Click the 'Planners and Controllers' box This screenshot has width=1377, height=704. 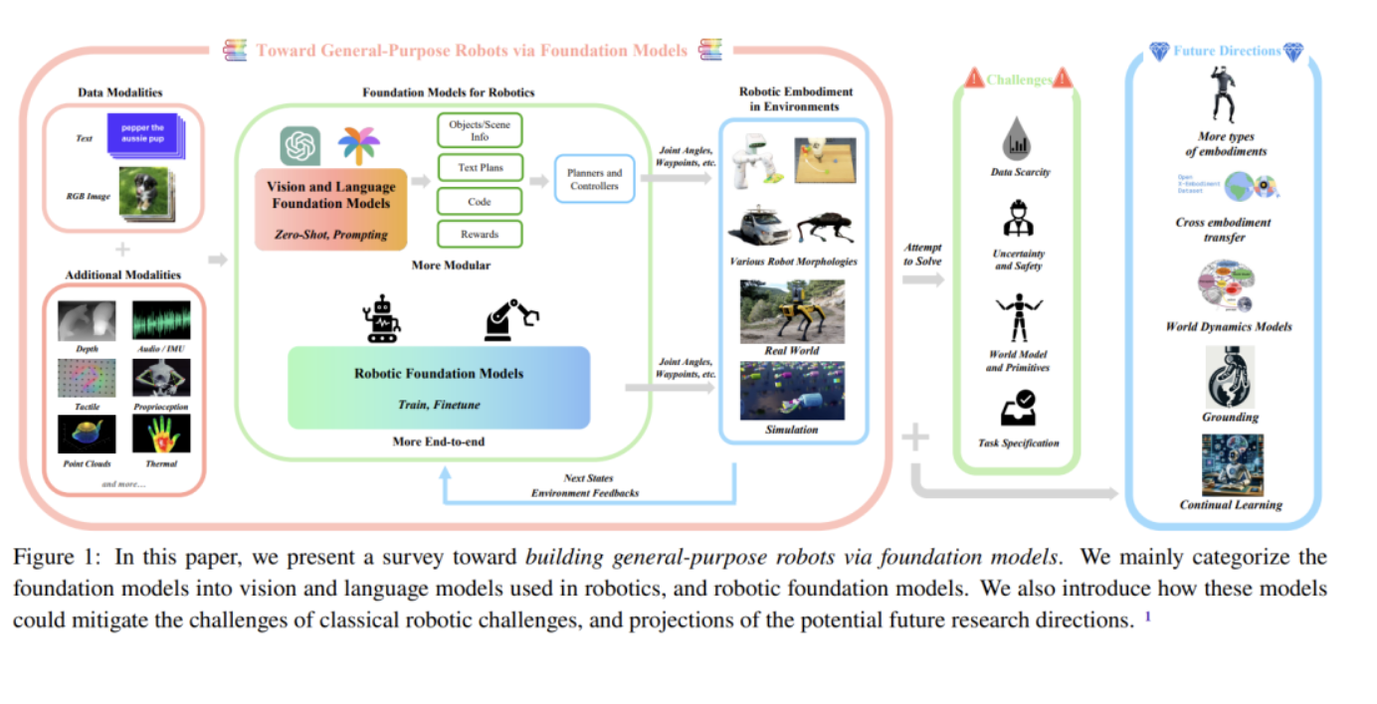click(x=594, y=179)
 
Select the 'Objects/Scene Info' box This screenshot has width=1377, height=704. click(x=480, y=131)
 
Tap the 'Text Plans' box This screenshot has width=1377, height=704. click(x=480, y=167)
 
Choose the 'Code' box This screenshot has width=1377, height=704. click(x=480, y=201)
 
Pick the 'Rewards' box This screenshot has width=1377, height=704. click(x=480, y=234)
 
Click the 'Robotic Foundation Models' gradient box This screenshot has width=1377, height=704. click(x=439, y=387)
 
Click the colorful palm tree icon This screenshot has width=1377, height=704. click(x=358, y=145)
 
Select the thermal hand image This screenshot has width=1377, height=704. click(x=161, y=435)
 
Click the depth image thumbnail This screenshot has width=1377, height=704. click(x=87, y=321)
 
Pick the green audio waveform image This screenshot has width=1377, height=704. click(x=161, y=321)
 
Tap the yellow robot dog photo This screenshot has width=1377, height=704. click(x=792, y=311)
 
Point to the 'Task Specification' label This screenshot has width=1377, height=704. click(x=1019, y=442)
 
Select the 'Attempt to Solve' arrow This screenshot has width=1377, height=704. click(x=922, y=280)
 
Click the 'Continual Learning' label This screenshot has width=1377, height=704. click(x=1231, y=504)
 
